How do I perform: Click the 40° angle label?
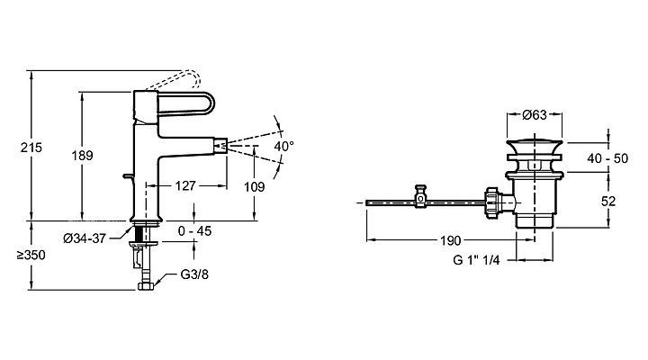click(284, 146)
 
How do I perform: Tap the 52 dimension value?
click(608, 202)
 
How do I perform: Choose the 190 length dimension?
click(451, 240)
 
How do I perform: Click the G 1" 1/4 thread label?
click(483, 262)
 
